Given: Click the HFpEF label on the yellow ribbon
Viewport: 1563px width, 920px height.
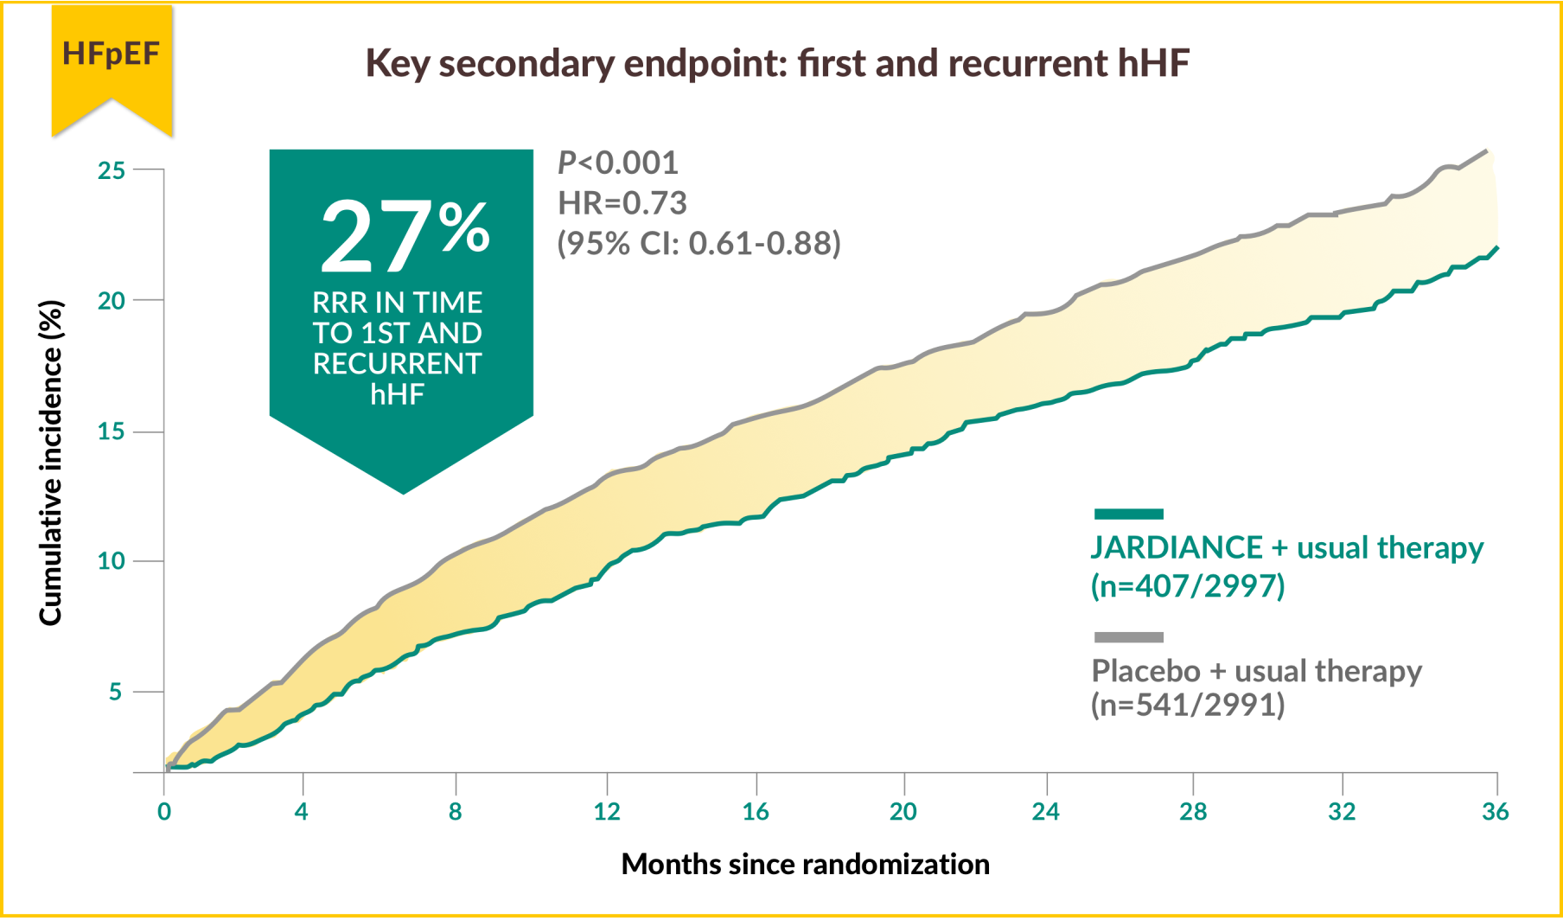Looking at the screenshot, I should pyautogui.click(x=111, y=54).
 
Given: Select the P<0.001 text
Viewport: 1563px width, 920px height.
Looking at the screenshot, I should pyautogui.click(x=617, y=163).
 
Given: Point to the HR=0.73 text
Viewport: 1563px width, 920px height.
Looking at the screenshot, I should pyautogui.click(x=622, y=203).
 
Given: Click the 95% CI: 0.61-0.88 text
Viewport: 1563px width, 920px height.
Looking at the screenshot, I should pyautogui.click(x=699, y=244).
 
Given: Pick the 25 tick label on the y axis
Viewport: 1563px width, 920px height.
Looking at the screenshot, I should pyautogui.click(x=111, y=170).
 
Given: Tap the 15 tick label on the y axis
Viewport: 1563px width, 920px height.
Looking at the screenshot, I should pyautogui.click(x=111, y=431).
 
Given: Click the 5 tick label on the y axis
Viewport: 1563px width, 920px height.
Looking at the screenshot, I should pyautogui.click(x=116, y=692).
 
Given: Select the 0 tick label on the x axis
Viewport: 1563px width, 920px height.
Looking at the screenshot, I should pyautogui.click(x=164, y=812).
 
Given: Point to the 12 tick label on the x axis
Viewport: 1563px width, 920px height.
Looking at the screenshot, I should pyautogui.click(x=607, y=812).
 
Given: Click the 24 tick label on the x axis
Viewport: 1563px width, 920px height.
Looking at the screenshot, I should pyautogui.click(x=1045, y=812).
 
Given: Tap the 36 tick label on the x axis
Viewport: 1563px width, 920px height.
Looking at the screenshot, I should pyautogui.click(x=1495, y=812).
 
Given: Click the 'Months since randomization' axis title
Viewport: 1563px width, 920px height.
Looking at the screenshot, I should pyautogui.click(x=805, y=864).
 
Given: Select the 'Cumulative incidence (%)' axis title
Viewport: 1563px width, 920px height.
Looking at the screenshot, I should pyautogui.click(x=51, y=463).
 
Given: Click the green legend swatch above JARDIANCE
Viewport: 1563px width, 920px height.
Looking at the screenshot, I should pyautogui.click(x=1128, y=514).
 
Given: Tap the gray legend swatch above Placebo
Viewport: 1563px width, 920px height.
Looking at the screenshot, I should pyautogui.click(x=1128, y=637).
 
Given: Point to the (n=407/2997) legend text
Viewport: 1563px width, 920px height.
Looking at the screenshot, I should pyautogui.click(x=1188, y=586).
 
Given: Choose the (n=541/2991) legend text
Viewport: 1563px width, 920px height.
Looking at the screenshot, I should pyautogui.click(x=1188, y=705).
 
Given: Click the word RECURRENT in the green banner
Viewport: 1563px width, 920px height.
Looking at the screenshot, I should pyautogui.click(x=397, y=364).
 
